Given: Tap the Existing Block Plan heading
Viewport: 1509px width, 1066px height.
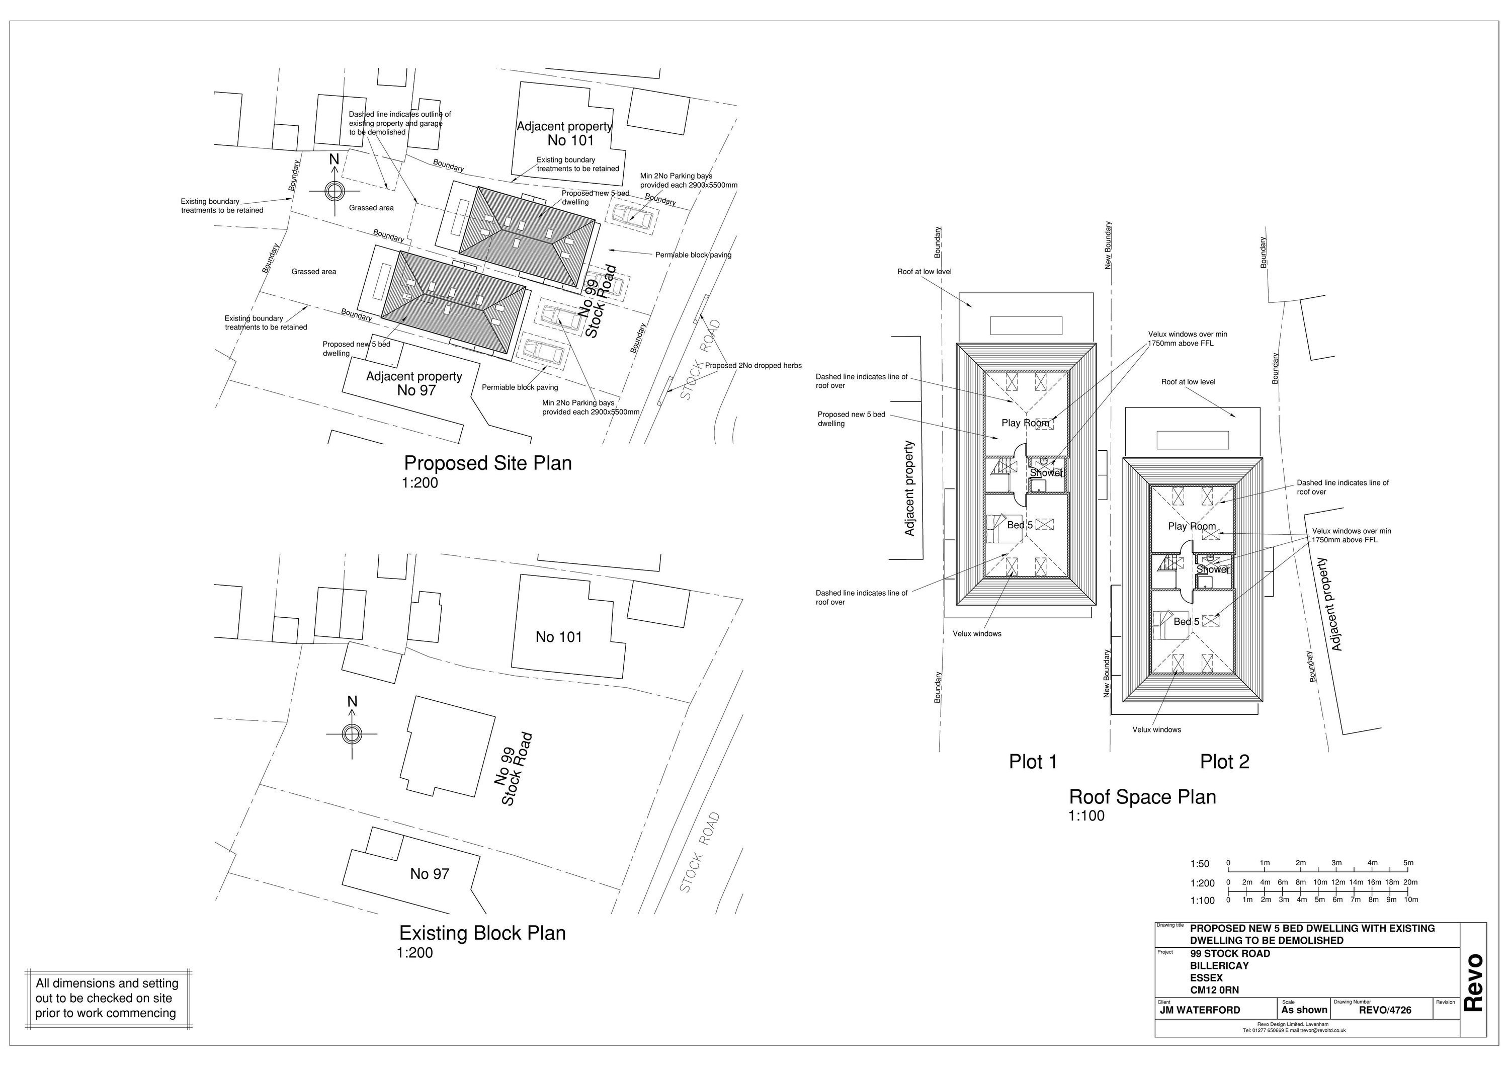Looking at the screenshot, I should click(x=482, y=933).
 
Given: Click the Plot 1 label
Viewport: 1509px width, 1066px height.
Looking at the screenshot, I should click(x=1033, y=762).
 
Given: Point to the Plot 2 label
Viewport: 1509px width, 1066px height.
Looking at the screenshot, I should click(x=1224, y=762).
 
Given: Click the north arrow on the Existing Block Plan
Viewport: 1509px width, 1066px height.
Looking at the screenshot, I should click(x=352, y=733).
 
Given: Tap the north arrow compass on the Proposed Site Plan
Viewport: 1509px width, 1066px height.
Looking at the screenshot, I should click(x=334, y=191).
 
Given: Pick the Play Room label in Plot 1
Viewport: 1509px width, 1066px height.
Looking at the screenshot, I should click(x=1025, y=423).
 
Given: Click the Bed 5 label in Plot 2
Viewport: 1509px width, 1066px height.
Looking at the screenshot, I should click(x=1186, y=621).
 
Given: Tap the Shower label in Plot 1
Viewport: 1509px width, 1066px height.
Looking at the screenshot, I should click(x=1046, y=472).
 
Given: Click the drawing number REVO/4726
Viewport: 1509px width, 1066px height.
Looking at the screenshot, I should click(x=1385, y=1010).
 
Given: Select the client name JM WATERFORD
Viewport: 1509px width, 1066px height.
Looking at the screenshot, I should click(x=1200, y=1010).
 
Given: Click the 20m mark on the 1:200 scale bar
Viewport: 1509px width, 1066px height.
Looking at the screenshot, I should click(x=1410, y=883).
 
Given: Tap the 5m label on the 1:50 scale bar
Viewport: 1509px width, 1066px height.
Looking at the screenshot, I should click(x=1408, y=863).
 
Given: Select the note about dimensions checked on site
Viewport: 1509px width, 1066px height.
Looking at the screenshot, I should click(x=107, y=998).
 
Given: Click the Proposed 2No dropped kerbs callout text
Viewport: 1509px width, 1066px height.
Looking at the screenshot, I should click(x=752, y=365).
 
